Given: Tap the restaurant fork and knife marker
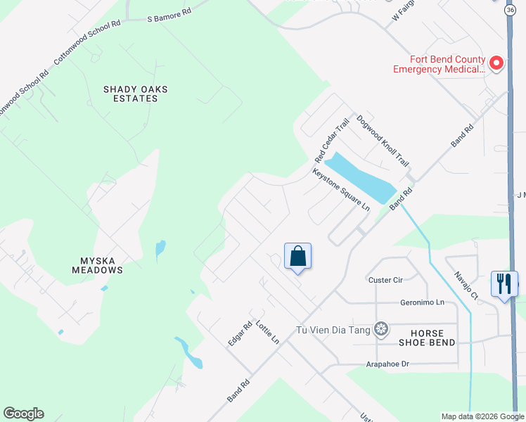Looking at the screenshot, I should [x=504, y=283].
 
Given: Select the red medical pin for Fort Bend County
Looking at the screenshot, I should [x=496, y=64].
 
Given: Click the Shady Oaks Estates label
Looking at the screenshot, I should [x=131, y=94].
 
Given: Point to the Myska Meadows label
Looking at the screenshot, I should [x=97, y=265].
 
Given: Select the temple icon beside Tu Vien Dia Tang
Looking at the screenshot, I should [x=381, y=328].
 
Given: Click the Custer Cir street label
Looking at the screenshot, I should [x=385, y=280].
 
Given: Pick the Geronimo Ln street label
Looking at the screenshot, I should [x=423, y=302].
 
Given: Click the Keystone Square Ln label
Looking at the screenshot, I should [x=341, y=189].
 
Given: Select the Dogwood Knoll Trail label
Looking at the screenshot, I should [x=383, y=141].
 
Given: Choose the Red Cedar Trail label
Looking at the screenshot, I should [x=331, y=139].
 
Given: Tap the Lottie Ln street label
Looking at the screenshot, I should [x=268, y=331].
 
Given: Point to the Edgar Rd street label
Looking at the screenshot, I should [x=240, y=333].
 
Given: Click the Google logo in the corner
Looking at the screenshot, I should [x=23, y=414].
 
